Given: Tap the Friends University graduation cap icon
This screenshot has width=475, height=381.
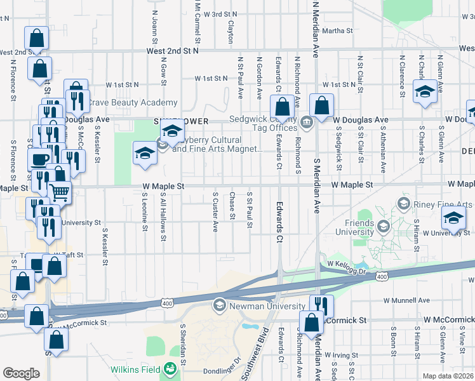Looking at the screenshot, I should point(382,226).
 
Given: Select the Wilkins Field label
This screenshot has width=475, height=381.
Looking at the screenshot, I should point(135,369).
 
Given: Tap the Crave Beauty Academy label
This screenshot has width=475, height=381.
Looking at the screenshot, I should point(131,103).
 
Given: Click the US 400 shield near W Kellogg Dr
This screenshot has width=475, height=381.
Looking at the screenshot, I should point(382,276).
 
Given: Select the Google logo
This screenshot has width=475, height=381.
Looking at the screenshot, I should point(21,373).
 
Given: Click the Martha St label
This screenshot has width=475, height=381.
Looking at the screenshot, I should point(337,30).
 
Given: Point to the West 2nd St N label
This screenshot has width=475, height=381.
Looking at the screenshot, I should point(172,50).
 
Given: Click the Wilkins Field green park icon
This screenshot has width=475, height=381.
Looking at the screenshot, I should point(170,368).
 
